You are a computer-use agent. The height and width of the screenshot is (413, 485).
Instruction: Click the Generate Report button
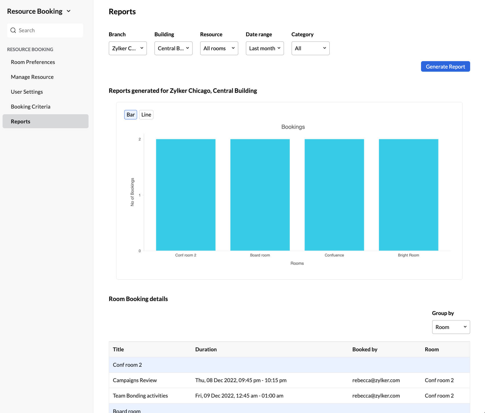tap(445, 67)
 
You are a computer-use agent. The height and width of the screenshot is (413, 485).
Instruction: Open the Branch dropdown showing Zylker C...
tap(128, 48)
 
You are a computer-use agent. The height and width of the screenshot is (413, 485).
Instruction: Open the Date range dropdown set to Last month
tap(264, 48)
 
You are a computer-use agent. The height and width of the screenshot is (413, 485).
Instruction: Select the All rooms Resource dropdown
tap(219, 48)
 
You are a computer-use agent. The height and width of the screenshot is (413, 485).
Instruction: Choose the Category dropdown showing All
tap(310, 48)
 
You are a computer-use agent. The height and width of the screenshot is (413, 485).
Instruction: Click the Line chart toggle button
tap(146, 115)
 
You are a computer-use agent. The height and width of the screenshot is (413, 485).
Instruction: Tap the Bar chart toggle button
tap(131, 115)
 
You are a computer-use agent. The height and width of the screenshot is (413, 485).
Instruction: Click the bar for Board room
tap(260, 195)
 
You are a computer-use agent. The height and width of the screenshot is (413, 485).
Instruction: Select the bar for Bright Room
tap(408, 195)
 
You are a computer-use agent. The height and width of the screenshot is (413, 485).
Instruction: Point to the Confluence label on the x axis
tap(334, 255)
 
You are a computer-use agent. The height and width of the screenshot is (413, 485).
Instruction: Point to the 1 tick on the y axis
tap(140, 195)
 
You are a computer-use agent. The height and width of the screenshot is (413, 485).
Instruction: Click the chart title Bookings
tap(293, 127)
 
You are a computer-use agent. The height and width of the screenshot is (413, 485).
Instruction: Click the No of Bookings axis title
tap(132, 192)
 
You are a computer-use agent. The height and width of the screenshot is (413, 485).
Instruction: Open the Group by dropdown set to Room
tap(451, 327)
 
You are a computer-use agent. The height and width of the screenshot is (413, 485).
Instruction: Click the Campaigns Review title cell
tap(135, 380)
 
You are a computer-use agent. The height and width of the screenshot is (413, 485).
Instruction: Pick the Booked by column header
tap(365, 349)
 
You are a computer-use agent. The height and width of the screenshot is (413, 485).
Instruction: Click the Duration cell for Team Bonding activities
tap(239, 396)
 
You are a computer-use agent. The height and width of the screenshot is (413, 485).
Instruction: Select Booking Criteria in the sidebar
tap(31, 107)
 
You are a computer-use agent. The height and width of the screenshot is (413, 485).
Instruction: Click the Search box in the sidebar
tap(45, 30)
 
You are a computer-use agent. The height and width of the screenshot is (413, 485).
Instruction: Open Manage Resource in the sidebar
tap(32, 77)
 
